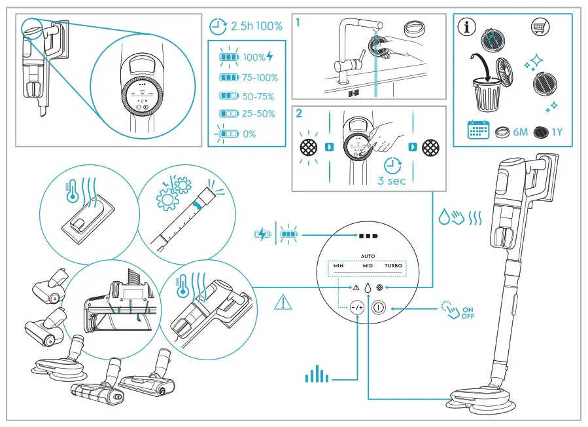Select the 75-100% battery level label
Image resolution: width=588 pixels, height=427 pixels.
click(x=260, y=77)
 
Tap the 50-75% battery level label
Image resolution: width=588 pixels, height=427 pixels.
click(x=258, y=96)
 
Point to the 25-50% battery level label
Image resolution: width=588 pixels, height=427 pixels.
click(x=258, y=114)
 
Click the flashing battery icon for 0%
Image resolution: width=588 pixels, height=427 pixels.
click(x=227, y=134)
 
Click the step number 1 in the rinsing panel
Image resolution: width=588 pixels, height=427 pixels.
click(x=298, y=22)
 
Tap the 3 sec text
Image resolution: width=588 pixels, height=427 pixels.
click(x=392, y=181)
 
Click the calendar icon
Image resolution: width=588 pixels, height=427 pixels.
click(x=478, y=130)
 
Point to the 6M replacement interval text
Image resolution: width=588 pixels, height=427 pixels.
click(x=520, y=132)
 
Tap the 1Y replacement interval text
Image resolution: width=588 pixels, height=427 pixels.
click(x=557, y=132)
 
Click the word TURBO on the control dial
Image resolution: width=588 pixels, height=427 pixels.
click(x=393, y=267)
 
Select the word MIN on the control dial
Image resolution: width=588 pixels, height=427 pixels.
click(x=338, y=267)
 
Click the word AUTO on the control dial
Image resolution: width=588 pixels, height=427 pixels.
click(x=366, y=257)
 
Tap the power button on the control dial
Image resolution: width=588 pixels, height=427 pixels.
click(x=378, y=306)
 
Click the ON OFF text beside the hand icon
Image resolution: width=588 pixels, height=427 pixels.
click(x=468, y=313)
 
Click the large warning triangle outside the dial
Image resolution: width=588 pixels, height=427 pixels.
click(x=283, y=302)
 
